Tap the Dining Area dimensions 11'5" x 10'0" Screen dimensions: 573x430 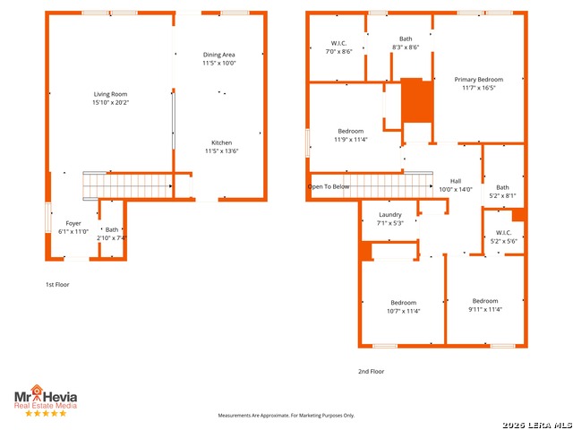point(219,63)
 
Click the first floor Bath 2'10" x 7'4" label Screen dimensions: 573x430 point(112,234)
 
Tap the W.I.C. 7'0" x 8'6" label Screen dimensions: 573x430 point(338,47)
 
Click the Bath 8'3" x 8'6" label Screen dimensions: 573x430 point(406,43)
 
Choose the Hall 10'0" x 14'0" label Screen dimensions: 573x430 point(456,185)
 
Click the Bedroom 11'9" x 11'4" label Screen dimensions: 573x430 point(351,135)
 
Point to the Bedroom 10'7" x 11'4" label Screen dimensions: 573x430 point(404,306)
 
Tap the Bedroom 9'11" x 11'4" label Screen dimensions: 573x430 point(485,305)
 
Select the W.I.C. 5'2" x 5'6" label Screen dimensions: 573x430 point(503,236)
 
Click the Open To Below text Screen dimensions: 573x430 point(329,186)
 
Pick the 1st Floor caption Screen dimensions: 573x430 point(57,285)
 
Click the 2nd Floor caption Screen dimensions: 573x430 point(371,372)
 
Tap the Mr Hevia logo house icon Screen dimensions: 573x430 point(37,391)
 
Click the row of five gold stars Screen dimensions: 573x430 point(46,414)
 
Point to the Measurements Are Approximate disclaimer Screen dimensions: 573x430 point(286,416)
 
